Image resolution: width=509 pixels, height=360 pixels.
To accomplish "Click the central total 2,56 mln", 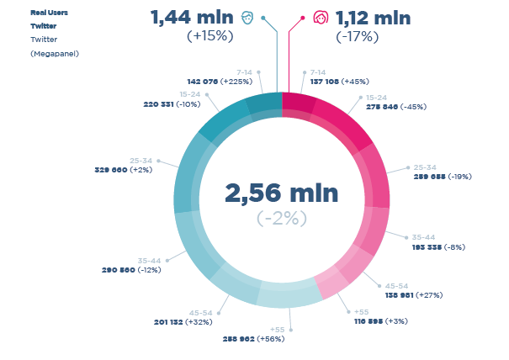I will pyautogui.click(x=281, y=193).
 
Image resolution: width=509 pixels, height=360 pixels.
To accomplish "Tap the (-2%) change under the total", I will pyautogui.click(x=282, y=218).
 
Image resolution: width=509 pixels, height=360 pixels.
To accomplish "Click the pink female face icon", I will pyautogui.click(x=320, y=18).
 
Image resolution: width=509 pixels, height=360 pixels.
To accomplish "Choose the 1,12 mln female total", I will pyautogui.click(x=373, y=18).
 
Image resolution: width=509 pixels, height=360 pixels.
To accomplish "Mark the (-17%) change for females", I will pyautogui.click(x=357, y=36).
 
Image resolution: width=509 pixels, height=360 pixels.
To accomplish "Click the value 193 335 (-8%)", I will pyautogui.click(x=437, y=247).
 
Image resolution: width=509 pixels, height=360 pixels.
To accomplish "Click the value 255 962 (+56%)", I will pyautogui.click(x=253, y=338).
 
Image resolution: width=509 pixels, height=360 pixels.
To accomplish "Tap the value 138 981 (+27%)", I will pyautogui.click(x=414, y=295).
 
